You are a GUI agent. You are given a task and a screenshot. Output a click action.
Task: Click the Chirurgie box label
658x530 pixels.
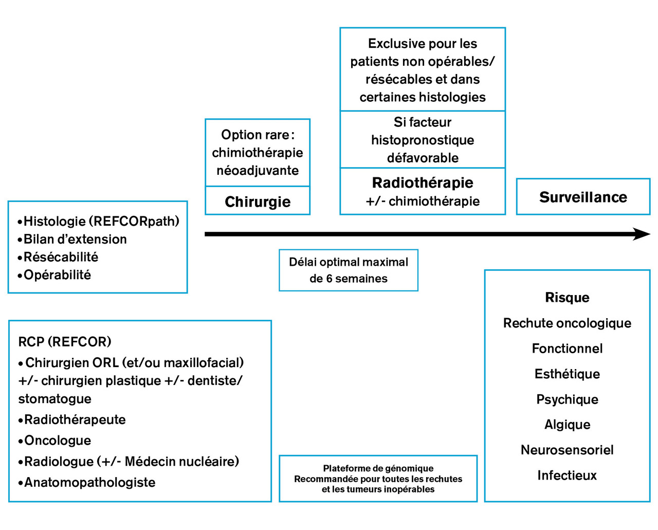(258, 202)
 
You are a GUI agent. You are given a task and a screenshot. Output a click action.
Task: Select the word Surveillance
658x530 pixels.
(583, 197)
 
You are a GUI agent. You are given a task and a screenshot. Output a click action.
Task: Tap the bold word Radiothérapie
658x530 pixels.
(423, 182)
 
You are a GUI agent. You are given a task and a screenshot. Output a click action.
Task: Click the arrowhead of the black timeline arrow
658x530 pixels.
(642, 234)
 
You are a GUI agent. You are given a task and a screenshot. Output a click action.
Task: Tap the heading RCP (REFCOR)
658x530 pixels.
(65, 341)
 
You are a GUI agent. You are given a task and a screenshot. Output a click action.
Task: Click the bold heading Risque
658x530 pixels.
(567, 297)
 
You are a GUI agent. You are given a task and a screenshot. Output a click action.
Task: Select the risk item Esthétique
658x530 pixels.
(567, 374)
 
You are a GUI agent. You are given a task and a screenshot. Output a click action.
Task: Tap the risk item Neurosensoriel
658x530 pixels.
(567, 450)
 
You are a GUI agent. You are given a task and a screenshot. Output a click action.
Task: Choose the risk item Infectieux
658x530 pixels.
(567, 475)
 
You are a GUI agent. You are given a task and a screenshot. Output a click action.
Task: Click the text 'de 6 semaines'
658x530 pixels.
(349, 278)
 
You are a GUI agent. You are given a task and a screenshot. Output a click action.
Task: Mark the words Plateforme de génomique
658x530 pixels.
(378, 468)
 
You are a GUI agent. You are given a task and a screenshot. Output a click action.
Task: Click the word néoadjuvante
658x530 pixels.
(258, 170)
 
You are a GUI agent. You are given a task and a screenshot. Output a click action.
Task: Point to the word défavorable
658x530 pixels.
(423, 158)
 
